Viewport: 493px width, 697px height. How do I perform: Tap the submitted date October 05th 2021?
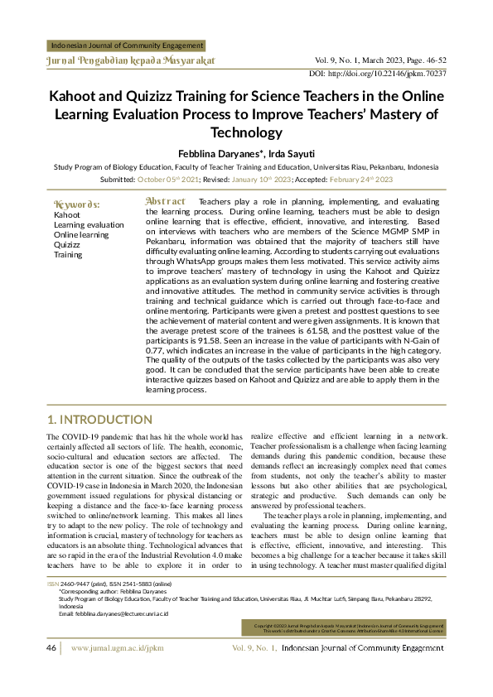tap(168, 179)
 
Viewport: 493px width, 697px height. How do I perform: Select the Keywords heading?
tap(77, 204)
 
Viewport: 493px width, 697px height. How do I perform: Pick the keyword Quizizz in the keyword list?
tap(67, 245)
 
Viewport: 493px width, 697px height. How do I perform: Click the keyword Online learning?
tap(81, 234)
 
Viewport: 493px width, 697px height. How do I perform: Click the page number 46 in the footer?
tap(51, 671)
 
